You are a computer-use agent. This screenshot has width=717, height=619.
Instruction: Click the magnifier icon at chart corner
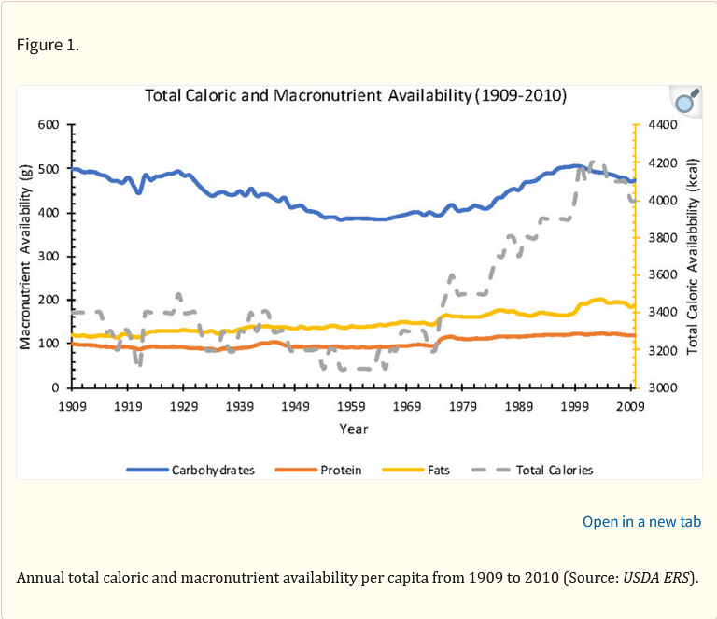686,102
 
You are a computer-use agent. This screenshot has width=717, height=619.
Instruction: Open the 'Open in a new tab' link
641,521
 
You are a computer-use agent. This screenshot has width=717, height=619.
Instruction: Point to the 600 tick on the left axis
48,124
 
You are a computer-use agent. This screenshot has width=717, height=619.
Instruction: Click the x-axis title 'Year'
353,429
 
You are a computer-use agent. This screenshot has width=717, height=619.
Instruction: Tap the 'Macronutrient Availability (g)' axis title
26,255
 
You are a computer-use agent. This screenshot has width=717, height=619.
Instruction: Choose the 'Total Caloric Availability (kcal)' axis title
693,255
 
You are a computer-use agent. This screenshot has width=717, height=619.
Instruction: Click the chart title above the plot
356,96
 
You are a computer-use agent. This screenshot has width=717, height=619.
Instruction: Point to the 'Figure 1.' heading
48,46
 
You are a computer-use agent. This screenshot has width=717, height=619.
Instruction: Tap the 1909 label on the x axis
72,406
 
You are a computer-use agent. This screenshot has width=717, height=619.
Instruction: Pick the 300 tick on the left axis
48,256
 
